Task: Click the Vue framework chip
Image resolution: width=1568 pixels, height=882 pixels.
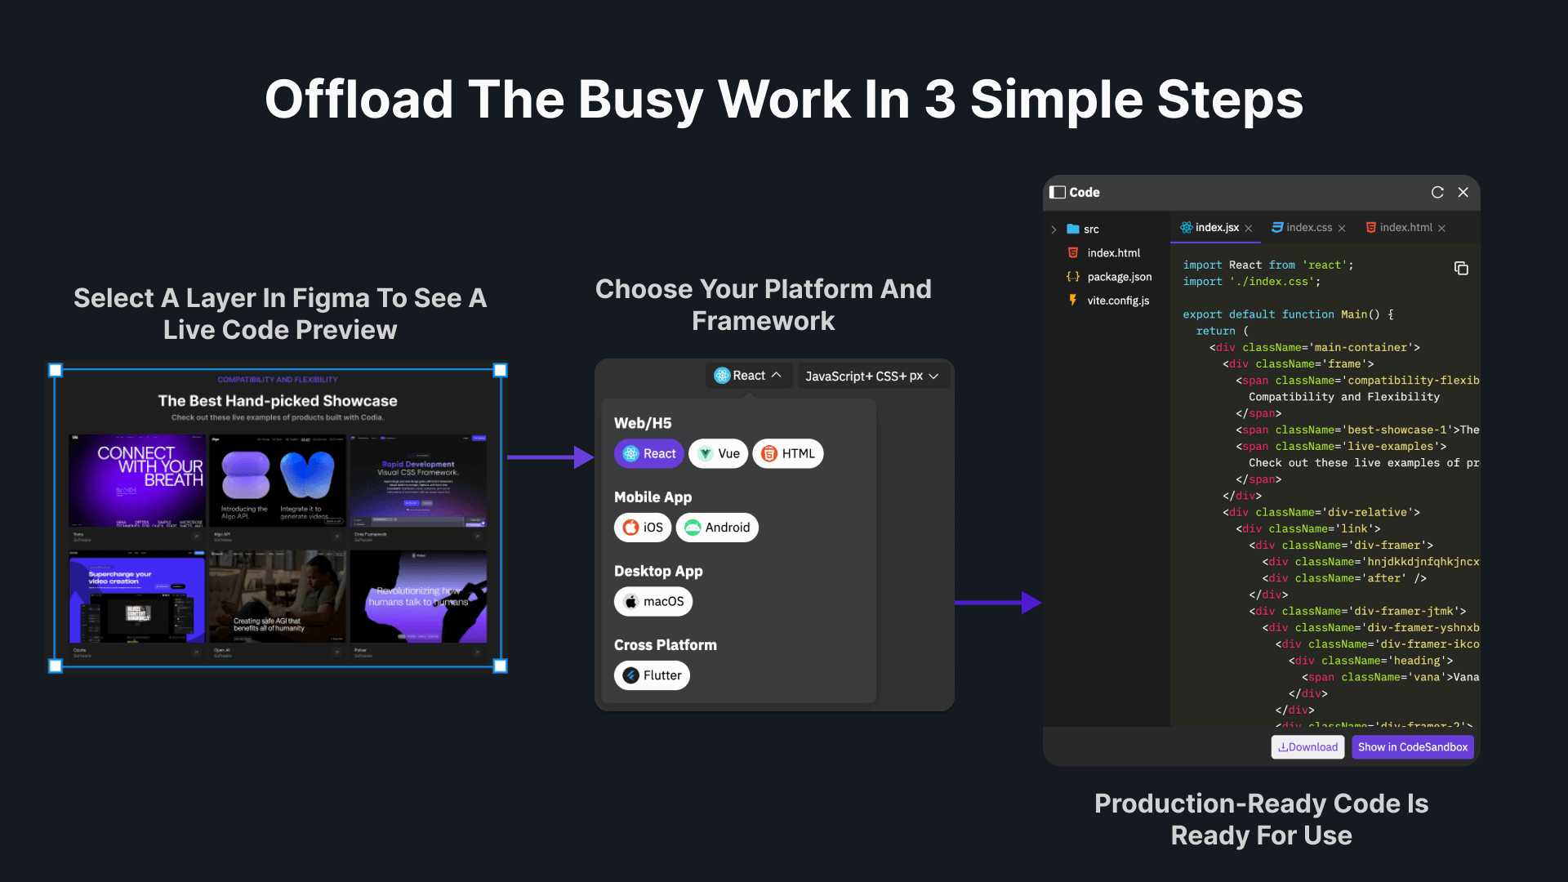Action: (x=719, y=454)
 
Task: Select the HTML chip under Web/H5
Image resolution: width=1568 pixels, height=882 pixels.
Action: (x=788, y=454)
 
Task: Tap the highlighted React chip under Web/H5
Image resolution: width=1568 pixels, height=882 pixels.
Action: (x=649, y=454)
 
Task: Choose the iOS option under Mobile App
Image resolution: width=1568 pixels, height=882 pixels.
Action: (x=643, y=528)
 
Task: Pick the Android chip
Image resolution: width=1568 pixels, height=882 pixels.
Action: (x=717, y=528)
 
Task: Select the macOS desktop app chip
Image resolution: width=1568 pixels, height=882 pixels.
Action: (x=653, y=602)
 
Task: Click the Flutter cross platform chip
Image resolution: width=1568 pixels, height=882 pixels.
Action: (x=652, y=675)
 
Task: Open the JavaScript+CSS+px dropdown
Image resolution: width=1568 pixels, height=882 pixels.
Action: (x=871, y=376)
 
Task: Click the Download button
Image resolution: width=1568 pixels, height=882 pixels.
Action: (x=1307, y=747)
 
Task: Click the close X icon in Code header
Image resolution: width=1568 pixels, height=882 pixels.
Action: (x=1463, y=192)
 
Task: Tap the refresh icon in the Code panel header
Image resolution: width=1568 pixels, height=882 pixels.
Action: (x=1437, y=192)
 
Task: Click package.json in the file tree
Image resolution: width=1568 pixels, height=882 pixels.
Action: (x=1119, y=277)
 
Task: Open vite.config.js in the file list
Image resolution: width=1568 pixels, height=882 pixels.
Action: (x=1117, y=301)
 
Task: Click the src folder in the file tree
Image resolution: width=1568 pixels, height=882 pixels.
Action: (x=1090, y=229)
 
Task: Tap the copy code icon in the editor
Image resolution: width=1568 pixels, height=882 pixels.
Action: (x=1461, y=268)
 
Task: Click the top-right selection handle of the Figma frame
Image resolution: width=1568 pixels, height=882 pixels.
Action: (x=501, y=370)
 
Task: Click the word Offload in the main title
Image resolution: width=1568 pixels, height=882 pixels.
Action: (x=359, y=100)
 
